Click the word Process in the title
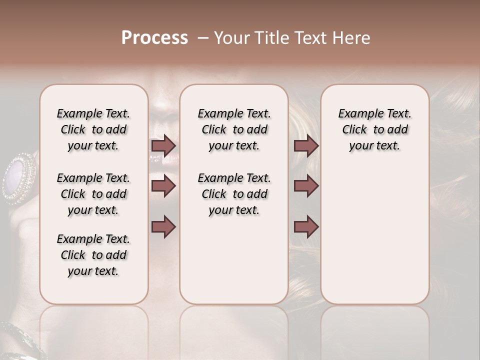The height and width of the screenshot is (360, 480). click(x=154, y=38)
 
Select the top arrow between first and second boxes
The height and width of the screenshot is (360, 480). click(x=163, y=145)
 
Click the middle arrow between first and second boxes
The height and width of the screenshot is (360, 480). click(x=163, y=186)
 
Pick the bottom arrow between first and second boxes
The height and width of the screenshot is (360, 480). click(x=163, y=226)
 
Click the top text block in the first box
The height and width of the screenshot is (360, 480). click(x=93, y=129)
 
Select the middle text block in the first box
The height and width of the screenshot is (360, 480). click(x=93, y=194)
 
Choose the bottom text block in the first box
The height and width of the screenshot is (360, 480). click(x=93, y=255)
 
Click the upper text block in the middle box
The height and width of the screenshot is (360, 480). click(x=234, y=129)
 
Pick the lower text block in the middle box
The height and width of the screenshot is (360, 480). click(x=234, y=194)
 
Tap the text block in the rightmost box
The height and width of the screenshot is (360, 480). click(x=374, y=129)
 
